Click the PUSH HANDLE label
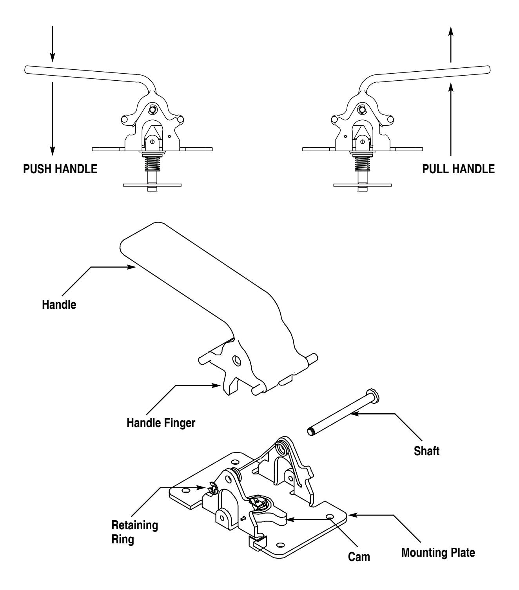[60, 169]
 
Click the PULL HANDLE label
[458, 169]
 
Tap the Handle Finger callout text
[161, 423]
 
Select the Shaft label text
[426, 451]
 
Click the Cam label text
[359, 557]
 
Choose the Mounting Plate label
[438, 553]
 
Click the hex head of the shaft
[374, 394]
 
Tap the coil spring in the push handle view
[152, 165]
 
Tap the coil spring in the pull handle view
[362, 165]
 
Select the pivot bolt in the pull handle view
[362, 109]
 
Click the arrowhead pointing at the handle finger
[216, 385]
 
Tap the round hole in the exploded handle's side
[237, 361]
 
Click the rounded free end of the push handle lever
[27, 70]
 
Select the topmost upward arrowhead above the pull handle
[451, 31]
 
